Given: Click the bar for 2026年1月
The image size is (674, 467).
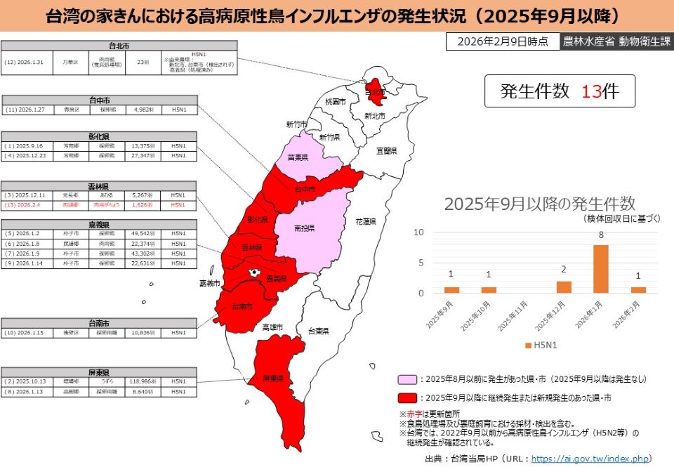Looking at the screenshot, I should pyautogui.click(x=601, y=268).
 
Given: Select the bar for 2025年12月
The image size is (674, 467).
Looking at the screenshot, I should pyautogui.click(x=564, y=287).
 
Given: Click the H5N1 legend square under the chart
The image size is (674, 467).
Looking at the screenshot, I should pyautogui.click(x=527, y=346).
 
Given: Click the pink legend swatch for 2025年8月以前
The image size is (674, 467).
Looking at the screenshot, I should pyautogui.click(x=406, y=379).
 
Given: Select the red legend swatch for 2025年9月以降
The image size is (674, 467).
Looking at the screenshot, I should pyautogui.click(x=406, y=397).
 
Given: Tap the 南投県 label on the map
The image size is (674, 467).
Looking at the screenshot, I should pyautogui.click(x=304, y=228).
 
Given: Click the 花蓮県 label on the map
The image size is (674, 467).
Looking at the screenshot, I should pyautogui.click(x=366, y=221).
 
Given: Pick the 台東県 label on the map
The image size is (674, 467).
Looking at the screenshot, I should pyautogui.click(x=310, y=330).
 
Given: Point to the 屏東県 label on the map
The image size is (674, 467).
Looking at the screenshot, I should pyautogui.click(x=273, y=379).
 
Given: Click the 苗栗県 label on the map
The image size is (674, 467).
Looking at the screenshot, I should pyautogui.click(x=298, y=158).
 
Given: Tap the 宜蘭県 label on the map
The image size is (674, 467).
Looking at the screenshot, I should pyautogui.click(x=386, y=150).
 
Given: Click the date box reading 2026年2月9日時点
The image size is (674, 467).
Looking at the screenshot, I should pyautogui.click(x=502, y=41).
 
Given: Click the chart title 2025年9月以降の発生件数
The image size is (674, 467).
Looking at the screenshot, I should pyautogui.click(x=539, y=204).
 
